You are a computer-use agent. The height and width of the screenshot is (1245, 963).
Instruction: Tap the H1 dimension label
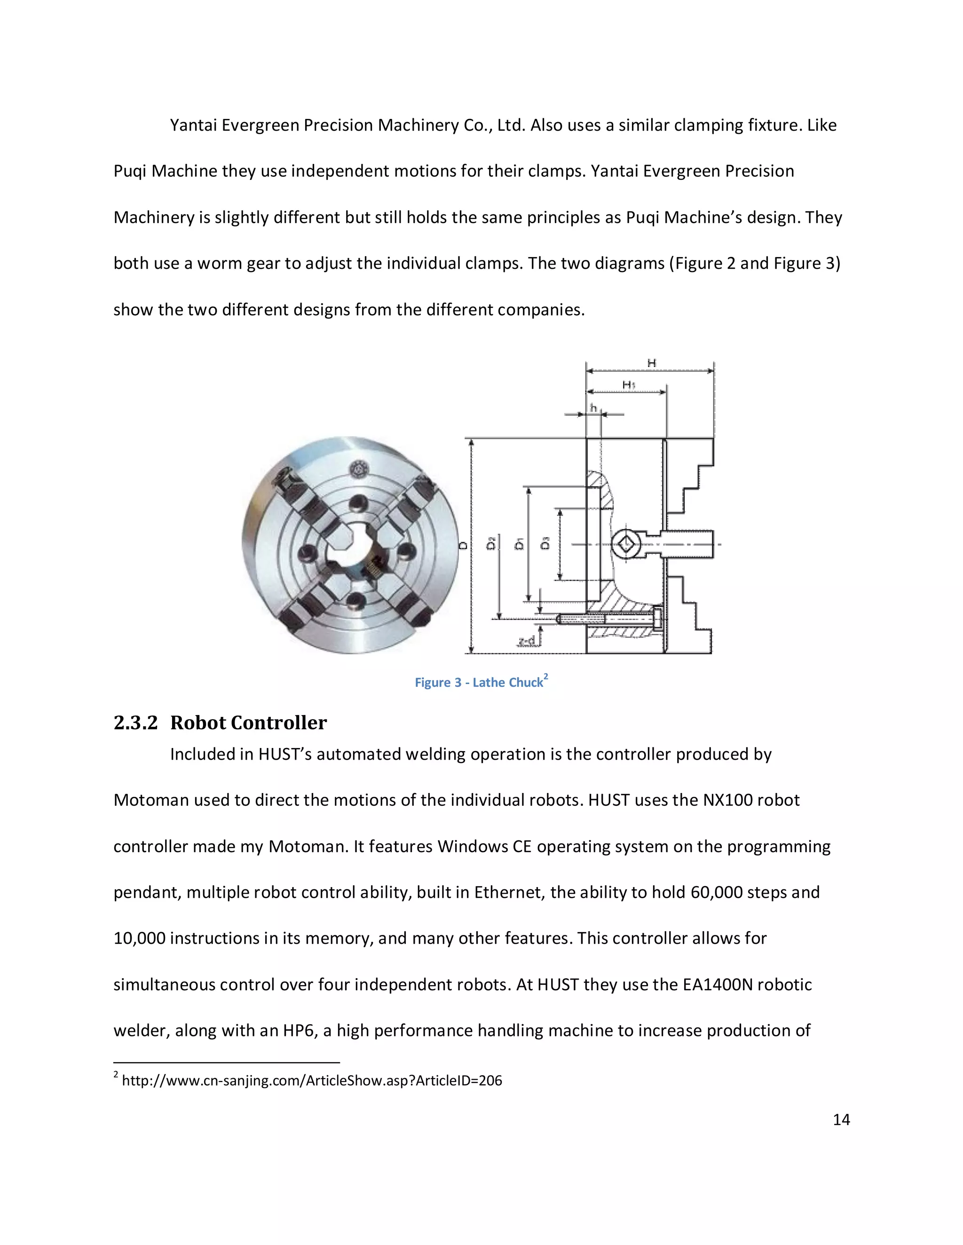click(x=628, y=385)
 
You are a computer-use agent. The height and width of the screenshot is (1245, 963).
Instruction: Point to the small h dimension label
click(x=593, y=408)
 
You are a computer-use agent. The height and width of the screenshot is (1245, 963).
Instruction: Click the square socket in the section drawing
click(x=626, y=545)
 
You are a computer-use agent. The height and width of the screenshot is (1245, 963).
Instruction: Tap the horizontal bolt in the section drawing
click(x=608, y=619)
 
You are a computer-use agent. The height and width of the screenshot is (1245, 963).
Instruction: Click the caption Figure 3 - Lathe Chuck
click(x=481, y=682)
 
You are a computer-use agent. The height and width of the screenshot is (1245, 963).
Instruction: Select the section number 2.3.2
click(x=135, y=723)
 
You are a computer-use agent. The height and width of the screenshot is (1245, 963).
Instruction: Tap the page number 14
click(x=841, y=1120)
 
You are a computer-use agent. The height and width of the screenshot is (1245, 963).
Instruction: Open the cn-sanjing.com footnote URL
click(x=311, y=1080)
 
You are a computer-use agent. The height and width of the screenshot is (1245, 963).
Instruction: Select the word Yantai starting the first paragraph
click(x=193, y=125)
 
